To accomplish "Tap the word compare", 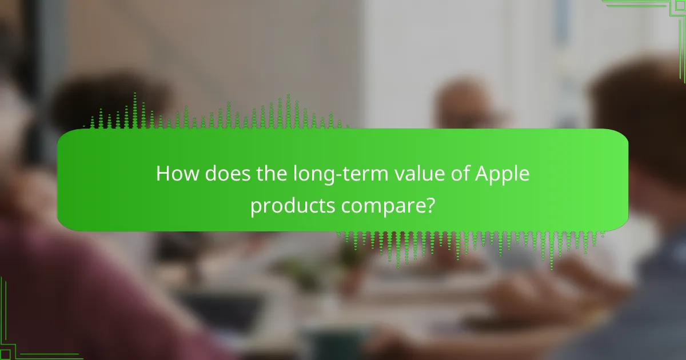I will click(x=384, y=207).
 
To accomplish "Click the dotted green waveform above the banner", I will click(x=217, y=114).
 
